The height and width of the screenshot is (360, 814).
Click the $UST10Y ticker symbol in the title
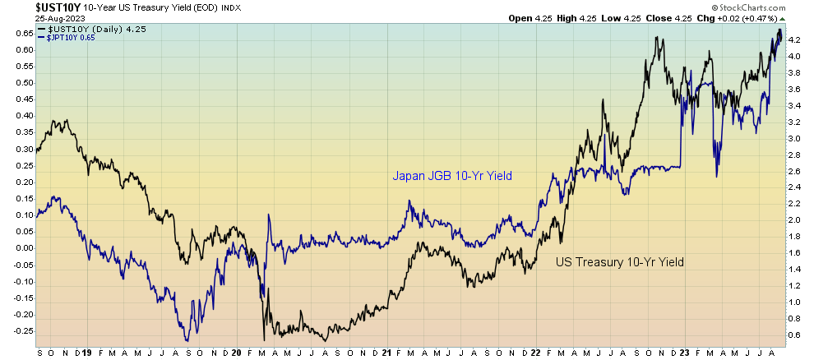pos(29,7)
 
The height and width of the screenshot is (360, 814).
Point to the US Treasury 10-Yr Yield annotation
pos(620,262)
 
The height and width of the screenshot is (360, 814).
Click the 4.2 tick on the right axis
pos(795,39)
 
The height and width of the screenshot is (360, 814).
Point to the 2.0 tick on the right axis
pos(795,219)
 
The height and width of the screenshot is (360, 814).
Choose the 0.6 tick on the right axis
pos(795,335)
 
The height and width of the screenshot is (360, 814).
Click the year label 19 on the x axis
pos(87,353)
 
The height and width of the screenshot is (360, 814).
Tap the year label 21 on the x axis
pos(386,353)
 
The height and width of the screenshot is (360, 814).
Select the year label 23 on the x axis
pos(686,353)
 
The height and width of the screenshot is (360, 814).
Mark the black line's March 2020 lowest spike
pos(264,339)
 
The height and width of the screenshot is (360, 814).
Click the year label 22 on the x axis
pos(537,353)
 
